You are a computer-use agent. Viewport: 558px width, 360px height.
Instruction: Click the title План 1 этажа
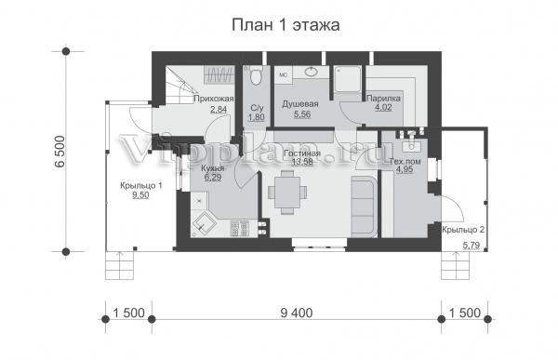tap(286, 25)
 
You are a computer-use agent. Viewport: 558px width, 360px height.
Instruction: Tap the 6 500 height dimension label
tap(60, 152)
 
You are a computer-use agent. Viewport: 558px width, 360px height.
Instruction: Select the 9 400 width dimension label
tap(297, 313)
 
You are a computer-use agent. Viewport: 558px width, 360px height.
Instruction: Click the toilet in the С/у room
tap(255, 75)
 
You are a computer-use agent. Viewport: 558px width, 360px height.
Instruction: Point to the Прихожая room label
tap(214, 99)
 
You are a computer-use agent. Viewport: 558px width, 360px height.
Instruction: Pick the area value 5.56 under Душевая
tap(301, 114)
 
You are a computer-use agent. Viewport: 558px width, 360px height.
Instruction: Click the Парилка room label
tap(383, 98)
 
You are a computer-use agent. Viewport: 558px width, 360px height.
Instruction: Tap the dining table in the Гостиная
tap(286, 193)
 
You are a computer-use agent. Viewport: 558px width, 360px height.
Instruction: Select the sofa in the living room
tap(364, 207)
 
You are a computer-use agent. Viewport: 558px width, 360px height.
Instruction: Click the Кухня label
tap(212, 168)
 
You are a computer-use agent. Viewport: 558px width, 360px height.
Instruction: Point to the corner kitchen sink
tap(204, 222)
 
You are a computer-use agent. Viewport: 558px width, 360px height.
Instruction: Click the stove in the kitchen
tap(240, 228)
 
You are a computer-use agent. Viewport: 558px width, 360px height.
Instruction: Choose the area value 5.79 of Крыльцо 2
tap(472, 245)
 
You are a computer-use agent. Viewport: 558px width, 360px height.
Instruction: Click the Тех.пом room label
tap(405, 161)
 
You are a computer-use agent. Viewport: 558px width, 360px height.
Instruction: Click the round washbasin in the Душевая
tap(312, 72)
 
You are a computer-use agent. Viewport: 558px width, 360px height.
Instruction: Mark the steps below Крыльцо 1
tap(120, 266)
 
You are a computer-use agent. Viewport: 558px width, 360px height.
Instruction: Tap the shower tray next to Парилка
tap(347, 78)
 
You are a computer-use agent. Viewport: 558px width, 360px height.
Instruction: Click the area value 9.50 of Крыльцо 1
tap(140, 194)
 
